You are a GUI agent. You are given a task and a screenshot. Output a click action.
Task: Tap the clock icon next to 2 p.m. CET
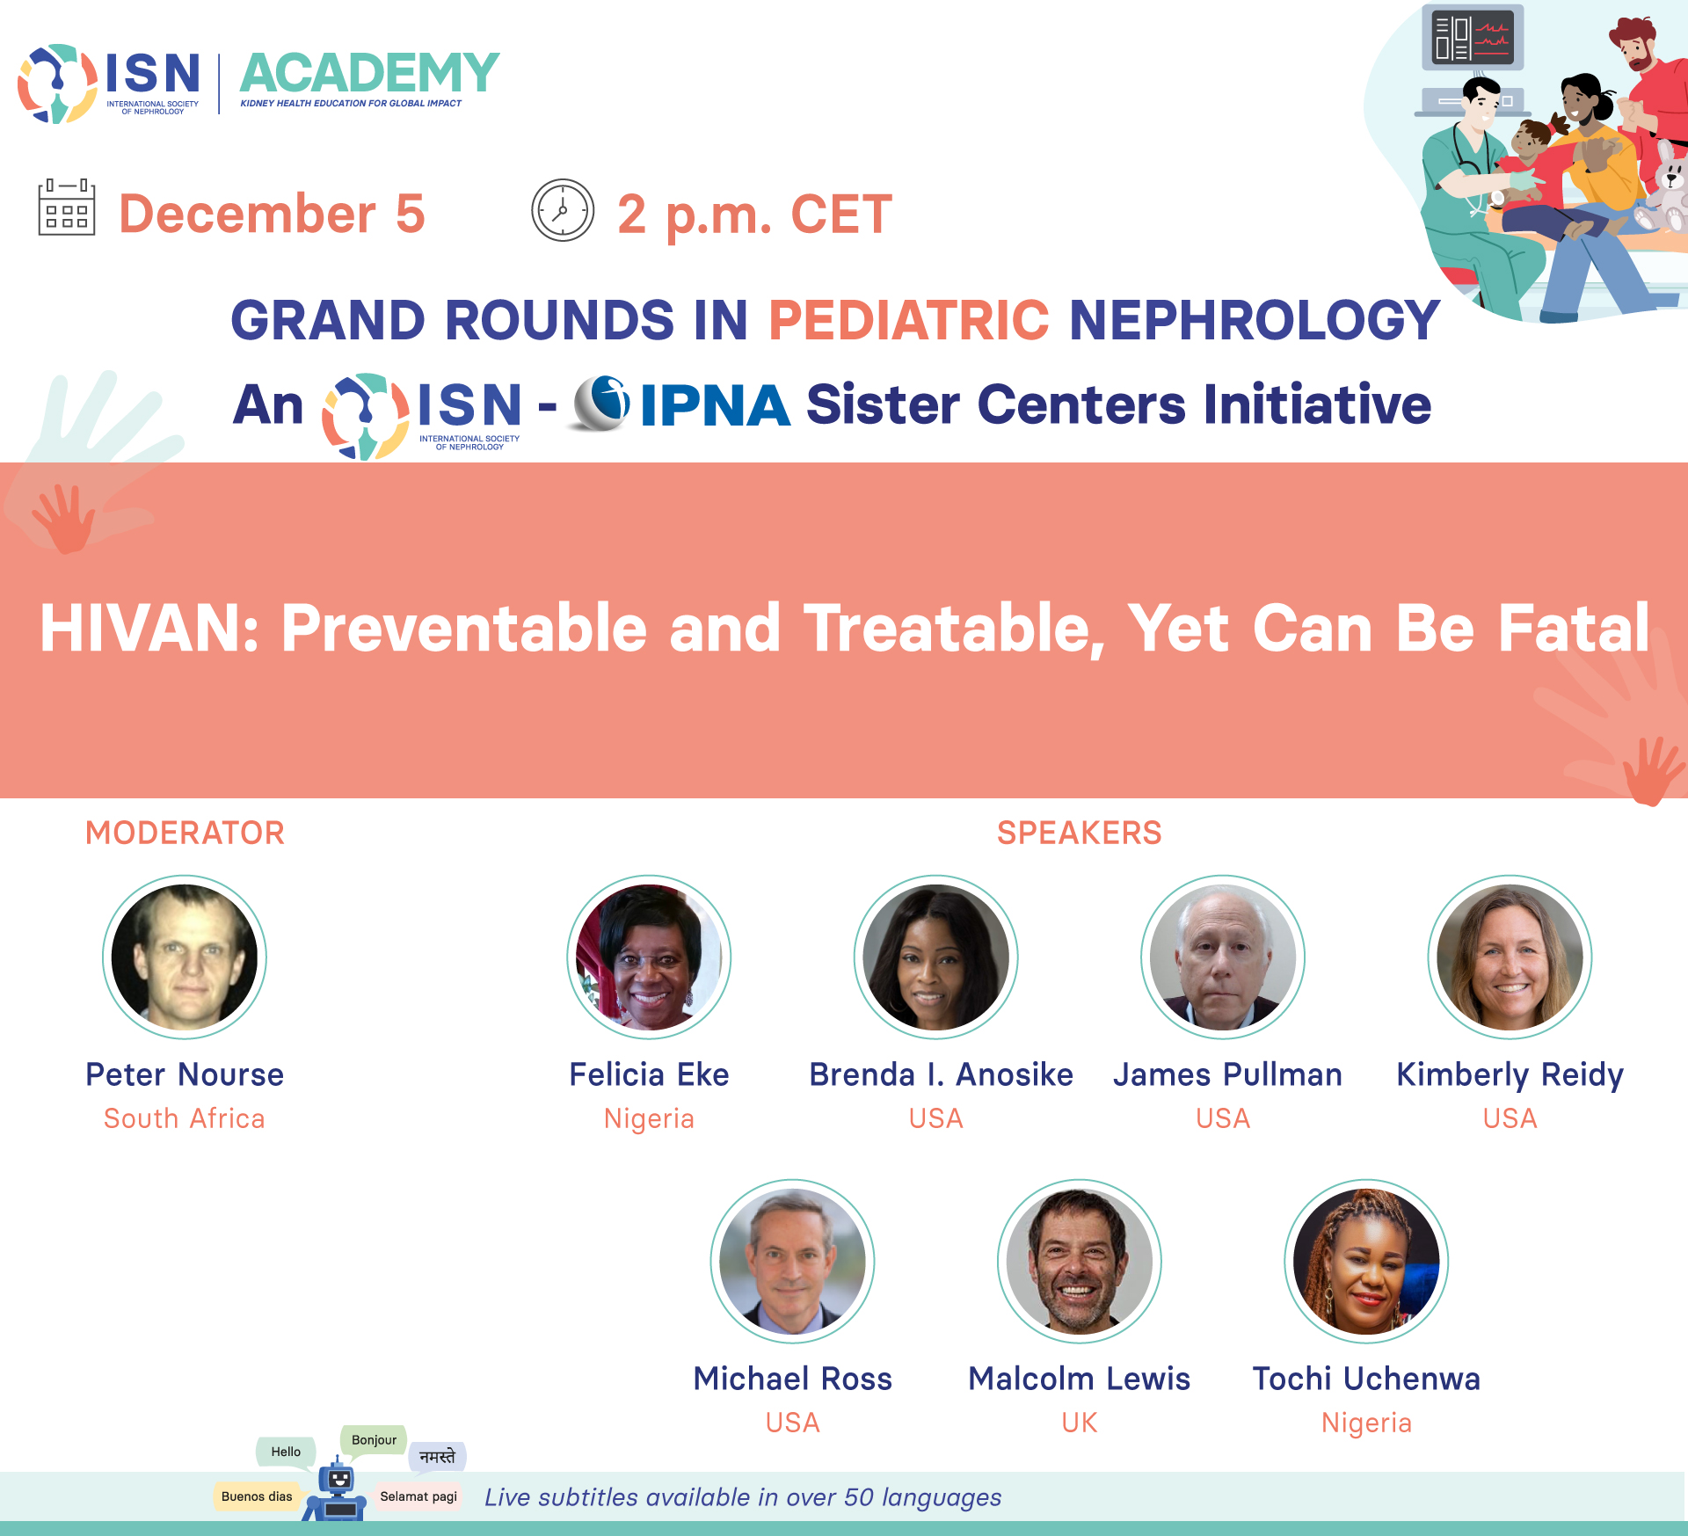click(x=563, y=210)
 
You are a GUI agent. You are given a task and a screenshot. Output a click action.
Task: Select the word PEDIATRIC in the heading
click(x=909, y=319)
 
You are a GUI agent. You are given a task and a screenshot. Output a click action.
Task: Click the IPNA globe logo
click(x=601, y=404)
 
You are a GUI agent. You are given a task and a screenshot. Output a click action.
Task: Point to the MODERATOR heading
click(x=185, y=833)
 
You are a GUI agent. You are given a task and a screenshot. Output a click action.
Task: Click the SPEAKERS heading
click(x=1079, y=833)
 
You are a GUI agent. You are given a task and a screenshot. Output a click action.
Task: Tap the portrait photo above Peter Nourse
click(x=185, y=957)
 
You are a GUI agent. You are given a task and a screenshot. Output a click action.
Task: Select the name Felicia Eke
click(x=649, y=1074)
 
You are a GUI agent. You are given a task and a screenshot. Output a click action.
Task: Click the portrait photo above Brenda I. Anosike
click(x=936, y=957)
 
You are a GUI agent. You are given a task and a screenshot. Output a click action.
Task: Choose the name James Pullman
click(x=1227, y=1074)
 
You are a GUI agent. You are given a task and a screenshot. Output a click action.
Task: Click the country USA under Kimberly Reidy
click(x=1510, y=1118)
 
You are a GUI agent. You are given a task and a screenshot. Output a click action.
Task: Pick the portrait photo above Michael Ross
click(x=792, y=1261)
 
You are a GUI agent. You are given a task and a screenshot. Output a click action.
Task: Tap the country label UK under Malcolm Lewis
click(x=1080, y=1423)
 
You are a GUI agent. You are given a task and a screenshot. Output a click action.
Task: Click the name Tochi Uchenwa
click(x=1366, y=1379)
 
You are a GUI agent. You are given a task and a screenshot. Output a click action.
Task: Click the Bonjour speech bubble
click(x=374, y=1440)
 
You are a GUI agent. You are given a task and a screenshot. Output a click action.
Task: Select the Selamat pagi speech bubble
click(x=418, y=1496)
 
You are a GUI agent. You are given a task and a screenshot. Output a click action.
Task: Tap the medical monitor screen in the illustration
click(x=1473, y=38)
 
